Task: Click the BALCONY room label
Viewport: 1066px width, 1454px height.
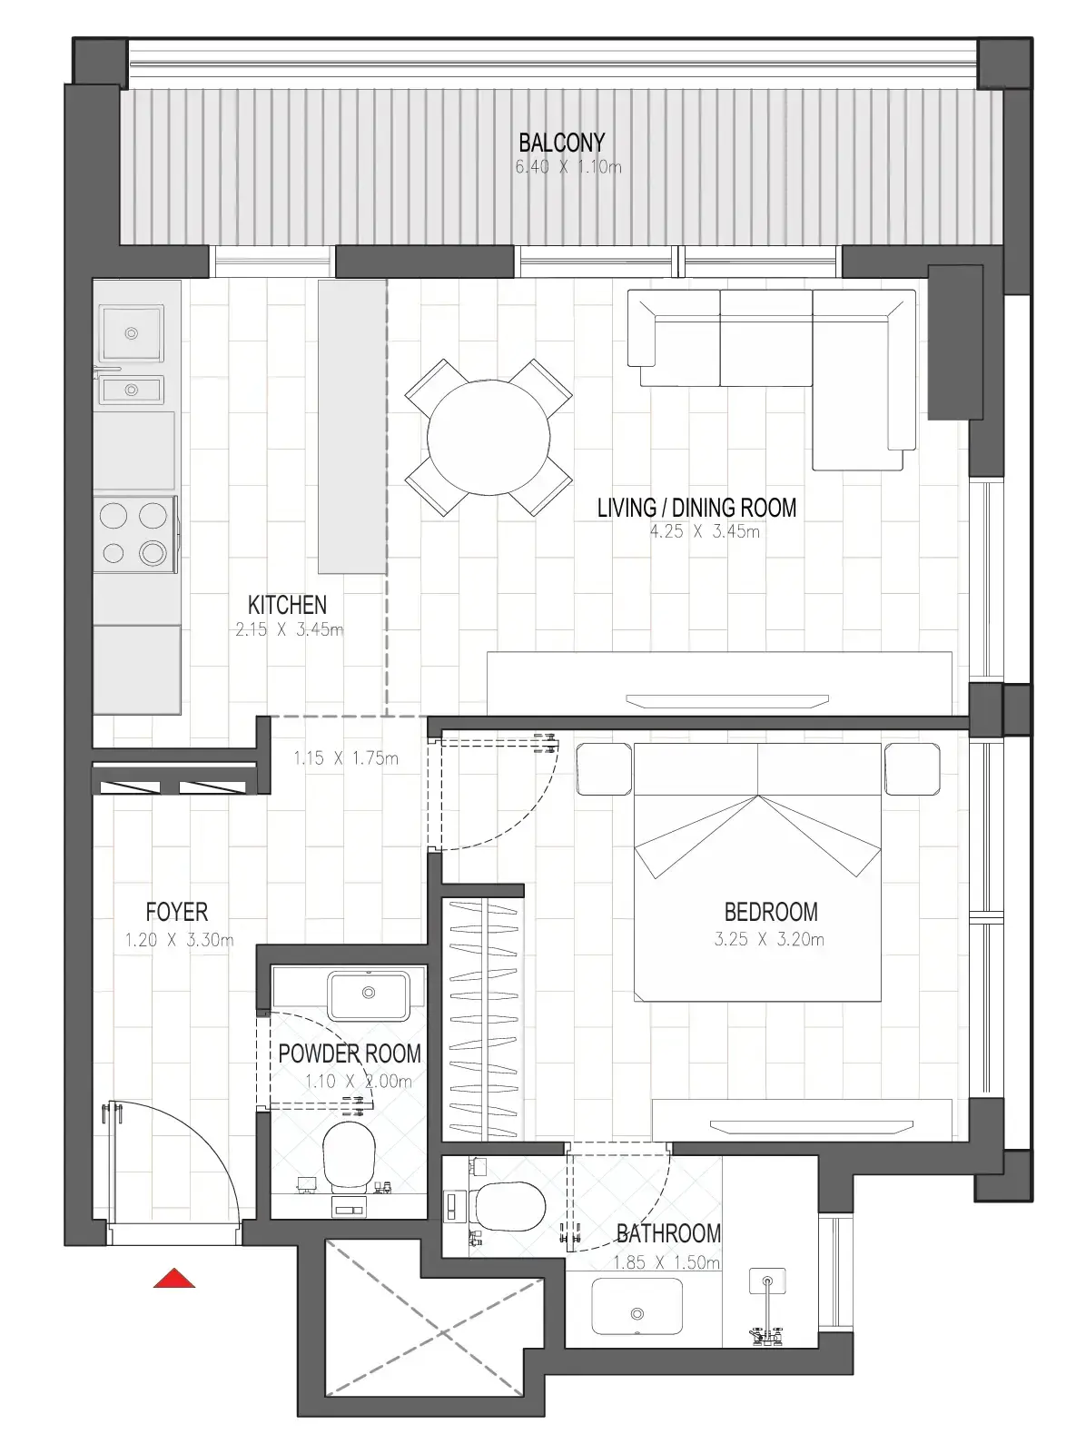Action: click(x=561, y=143)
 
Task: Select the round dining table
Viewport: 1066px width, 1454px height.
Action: click(x=489, y=437)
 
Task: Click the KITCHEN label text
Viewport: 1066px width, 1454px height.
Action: click(x=287, y=605)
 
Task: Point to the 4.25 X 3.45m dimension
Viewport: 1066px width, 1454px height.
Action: click(x=704, y=532)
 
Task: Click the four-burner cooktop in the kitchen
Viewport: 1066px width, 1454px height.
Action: click(x=134, y=534)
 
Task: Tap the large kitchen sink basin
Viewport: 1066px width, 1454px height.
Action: click(x=132, y=334)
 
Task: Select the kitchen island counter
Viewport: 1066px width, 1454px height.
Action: click(x=352, y=426)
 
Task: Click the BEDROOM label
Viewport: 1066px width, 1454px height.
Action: click(x=770, y=912)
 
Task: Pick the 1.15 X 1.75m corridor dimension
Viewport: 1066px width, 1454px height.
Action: click(x=345, y=758)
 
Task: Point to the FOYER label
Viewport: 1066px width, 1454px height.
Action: click(x=177, y=912)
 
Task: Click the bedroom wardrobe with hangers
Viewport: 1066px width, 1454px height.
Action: click(x=482, y=1019)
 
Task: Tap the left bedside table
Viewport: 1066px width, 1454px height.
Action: click(x=604, y=768)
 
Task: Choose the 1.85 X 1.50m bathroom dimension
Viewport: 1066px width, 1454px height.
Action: click(x=666, y=1263)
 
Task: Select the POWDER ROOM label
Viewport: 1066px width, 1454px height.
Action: click(x=350, y=1054)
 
